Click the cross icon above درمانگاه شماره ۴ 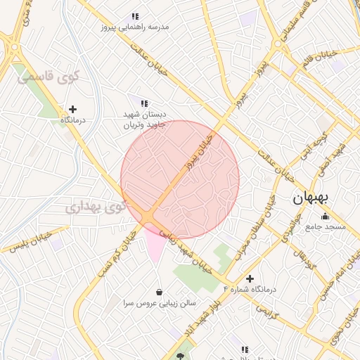[x=250, y=278]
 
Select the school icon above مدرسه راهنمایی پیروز [x=135, y=16]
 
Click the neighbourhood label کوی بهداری [x=97, y=207]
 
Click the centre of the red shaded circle [x=180, y=179]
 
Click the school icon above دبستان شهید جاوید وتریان [x=144, y=103]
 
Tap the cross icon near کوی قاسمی [x=72, y=109]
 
